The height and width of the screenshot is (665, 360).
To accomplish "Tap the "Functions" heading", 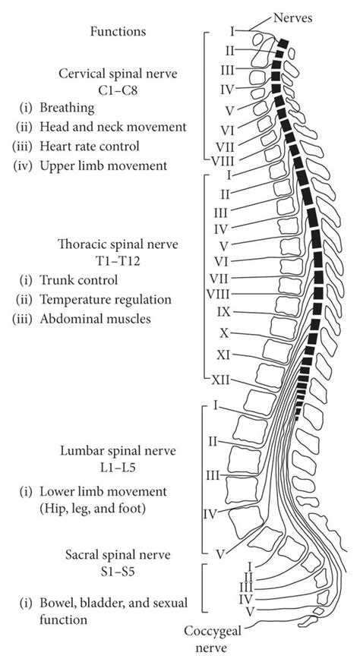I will tap(117, 32).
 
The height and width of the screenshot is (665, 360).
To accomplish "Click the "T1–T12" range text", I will tap(118, 261).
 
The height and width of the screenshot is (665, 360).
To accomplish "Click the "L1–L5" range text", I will tap(118, 467).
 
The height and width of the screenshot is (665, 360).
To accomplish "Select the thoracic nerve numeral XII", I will tap(220, 381).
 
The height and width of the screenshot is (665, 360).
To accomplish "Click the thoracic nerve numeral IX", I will tap(223, 311).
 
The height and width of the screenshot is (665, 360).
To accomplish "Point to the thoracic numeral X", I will tap(224, 332).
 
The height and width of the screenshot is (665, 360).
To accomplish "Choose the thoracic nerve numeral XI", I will tap(223, 355).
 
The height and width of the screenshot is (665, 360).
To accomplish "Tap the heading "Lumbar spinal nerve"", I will tap(118, 451).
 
